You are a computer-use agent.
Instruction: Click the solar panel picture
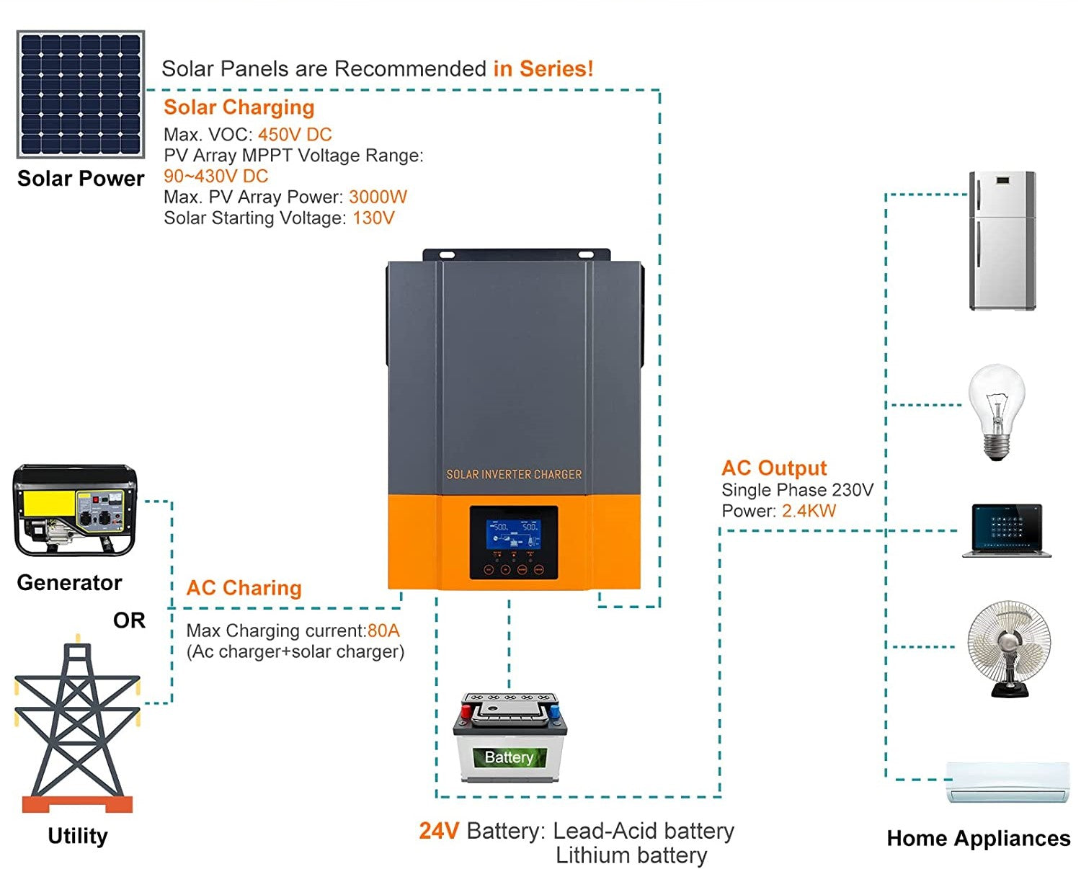tap(81, 94)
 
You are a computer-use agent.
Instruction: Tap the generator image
tap(75, 510)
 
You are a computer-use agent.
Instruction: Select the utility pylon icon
tap(77, 724)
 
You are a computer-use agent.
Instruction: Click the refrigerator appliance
tap(1002, 241)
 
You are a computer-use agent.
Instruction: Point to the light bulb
tap(996, 411)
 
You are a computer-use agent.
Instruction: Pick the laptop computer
tap(1007, 530)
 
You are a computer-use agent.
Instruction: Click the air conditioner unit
tap(1007, 782)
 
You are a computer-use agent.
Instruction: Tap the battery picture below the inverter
tap(510, 738)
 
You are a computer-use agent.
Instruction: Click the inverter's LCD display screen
tap(514, 529)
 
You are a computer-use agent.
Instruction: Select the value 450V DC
tap(295, 135)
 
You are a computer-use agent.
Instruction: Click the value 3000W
tap(378, 197)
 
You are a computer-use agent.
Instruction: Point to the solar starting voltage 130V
tap(373, 218)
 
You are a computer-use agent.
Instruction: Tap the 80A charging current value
tap(383, 631)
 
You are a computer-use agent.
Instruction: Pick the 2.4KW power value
tap(809, 512)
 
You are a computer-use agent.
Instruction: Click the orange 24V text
tap(439, 831)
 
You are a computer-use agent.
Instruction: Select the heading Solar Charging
tap(239, 107)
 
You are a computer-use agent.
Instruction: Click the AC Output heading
tap(774, 468)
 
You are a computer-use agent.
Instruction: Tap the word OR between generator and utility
tap(129, 620)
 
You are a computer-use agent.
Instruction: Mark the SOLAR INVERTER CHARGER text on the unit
tap(514, 475)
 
